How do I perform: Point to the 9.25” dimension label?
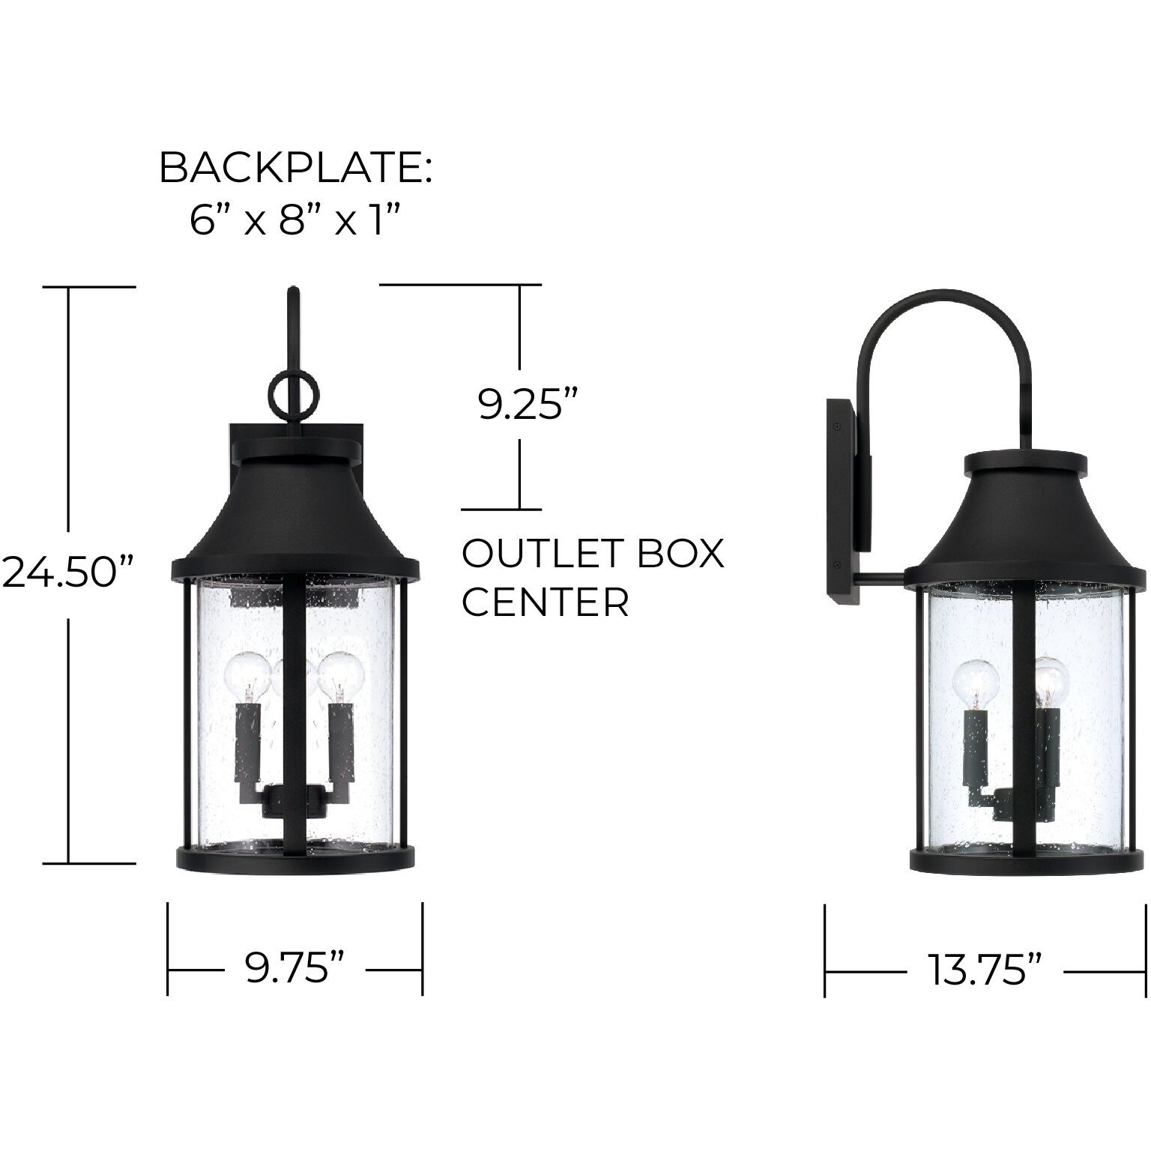point(529,405)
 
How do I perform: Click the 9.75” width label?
point(295,969)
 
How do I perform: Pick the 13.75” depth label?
point(985,971)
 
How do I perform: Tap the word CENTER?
point(545,602)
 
